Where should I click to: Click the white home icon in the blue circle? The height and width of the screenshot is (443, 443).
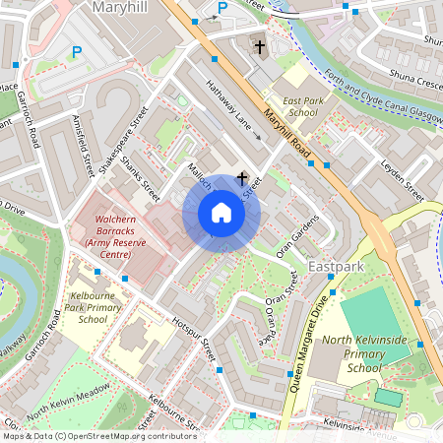tap(221, 213)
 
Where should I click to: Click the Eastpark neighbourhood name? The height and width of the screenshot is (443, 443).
tap(336, 267)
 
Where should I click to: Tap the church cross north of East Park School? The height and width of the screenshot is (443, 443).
tap(260, 46)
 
